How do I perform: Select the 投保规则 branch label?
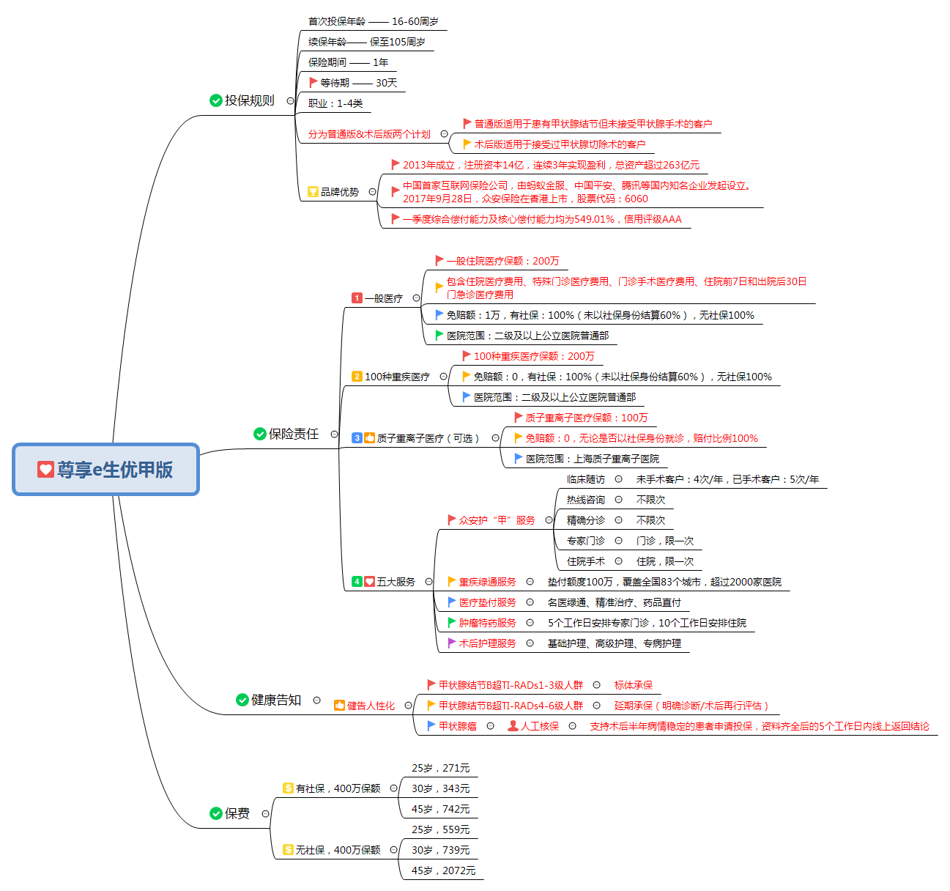coord(249,100)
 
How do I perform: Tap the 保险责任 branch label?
coord(294,434)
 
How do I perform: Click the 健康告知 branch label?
coord(276,700)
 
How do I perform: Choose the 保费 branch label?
coord(237,813)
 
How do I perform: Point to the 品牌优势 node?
coord(340,192)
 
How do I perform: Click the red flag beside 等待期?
coord(313,83)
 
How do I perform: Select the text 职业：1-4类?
coord(335,103)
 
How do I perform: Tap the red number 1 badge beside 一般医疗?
coord(357,298)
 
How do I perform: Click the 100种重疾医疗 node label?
coord(397,377)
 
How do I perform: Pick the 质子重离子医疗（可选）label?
coord(428,438)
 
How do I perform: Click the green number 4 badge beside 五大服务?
coord(357,582)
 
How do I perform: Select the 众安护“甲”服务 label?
coord(497,520)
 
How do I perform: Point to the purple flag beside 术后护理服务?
coord(452,643)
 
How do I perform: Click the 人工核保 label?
coord(540,726)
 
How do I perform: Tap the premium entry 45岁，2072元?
coord(443,870)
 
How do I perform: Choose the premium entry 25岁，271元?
coord(440,768)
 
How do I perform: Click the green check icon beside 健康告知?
coord(242,700)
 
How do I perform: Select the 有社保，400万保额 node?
coord(338,788)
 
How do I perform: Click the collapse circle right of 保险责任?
coord(335,434)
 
